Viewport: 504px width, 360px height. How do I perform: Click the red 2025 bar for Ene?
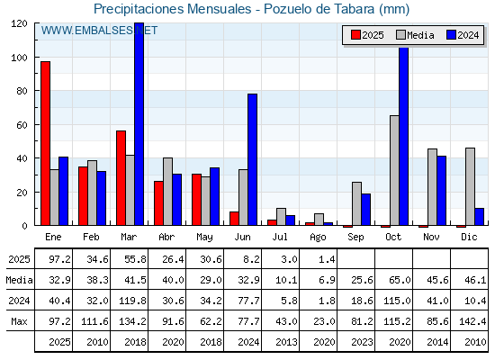[x=45, y=143]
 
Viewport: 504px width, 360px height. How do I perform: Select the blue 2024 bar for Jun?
[x=252, y=160]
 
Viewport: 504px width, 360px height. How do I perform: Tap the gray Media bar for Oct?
[x=394, y=170]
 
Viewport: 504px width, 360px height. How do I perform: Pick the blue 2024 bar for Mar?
[x=139, y=124]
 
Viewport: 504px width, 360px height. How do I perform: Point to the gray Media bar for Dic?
[x=470, y=187]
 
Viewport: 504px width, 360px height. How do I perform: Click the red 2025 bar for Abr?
[x=158, y=203]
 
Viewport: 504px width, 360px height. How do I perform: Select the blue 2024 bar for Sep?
[x=365, y=210]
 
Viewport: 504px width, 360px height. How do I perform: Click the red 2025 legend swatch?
[x=355, y=35]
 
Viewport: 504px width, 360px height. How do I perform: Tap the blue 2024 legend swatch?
[x=451, y=35]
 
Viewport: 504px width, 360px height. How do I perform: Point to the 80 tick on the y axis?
[x=22, y=91]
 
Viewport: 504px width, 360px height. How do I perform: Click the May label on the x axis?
[x=204, y=238]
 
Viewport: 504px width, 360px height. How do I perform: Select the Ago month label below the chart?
[x=318, y=238]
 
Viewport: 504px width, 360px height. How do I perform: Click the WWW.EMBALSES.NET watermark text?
[x=99, y=31]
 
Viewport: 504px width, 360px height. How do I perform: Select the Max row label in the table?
[x=19, y=321]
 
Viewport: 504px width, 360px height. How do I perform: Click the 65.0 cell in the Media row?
[x=400, y=280]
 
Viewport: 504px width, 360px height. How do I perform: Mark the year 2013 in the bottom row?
[x=286, y=342]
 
